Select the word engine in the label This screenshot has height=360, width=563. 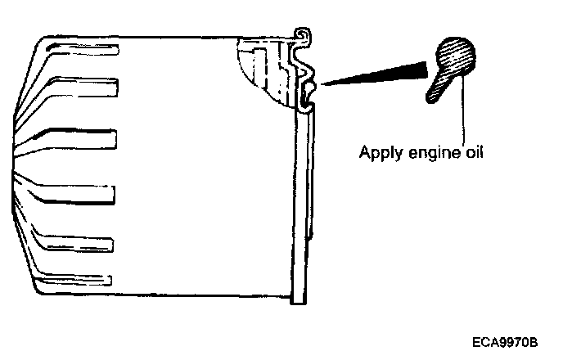[426, 153]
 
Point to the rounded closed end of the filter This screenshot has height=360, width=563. [25, 164]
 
